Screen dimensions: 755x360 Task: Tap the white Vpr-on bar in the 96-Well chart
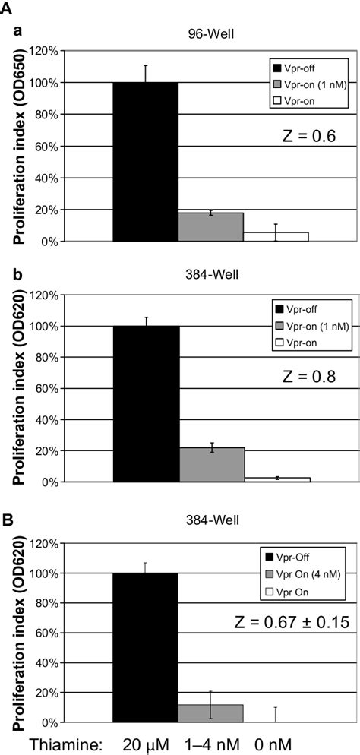coord(276,236)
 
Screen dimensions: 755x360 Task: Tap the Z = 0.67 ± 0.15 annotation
coord(293,624)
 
